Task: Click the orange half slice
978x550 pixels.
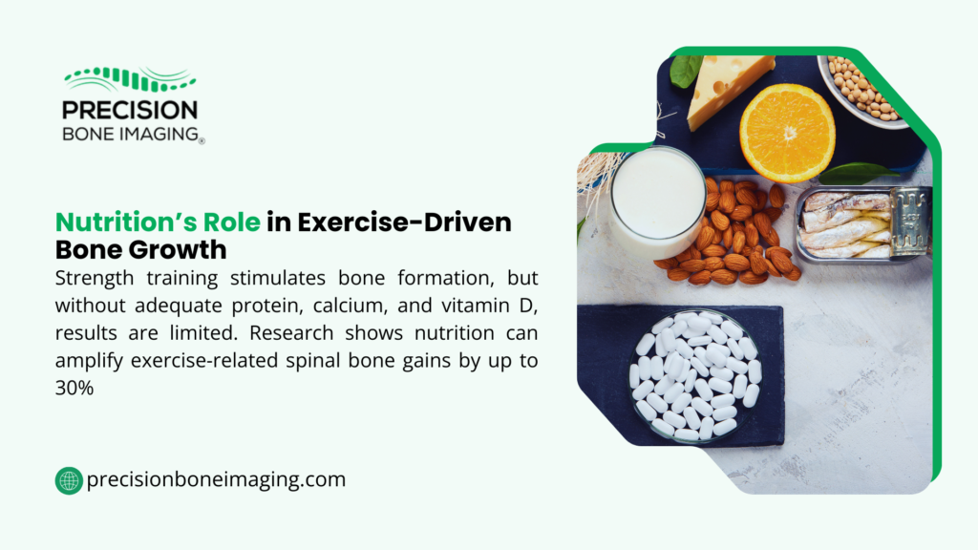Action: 787,132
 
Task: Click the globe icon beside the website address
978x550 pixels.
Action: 69,480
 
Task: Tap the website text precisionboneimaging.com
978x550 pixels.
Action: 216,480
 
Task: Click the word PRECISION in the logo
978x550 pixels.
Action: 130,111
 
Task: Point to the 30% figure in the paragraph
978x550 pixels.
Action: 74,389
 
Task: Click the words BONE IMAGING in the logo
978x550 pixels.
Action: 130,134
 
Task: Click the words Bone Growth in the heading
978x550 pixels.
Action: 140,250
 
